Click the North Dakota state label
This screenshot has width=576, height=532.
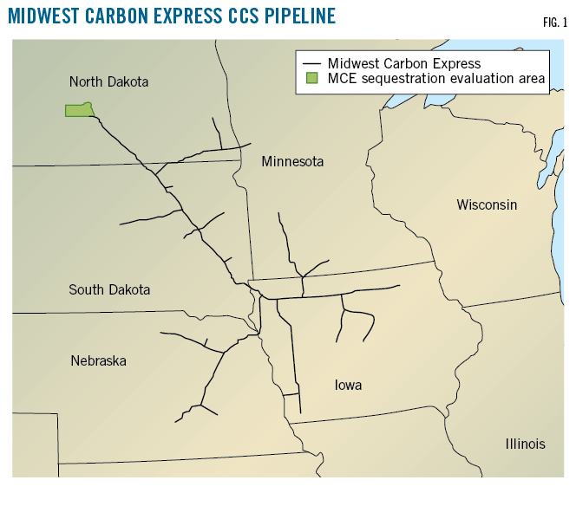click(108, 81)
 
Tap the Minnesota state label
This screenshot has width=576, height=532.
click(292, 161)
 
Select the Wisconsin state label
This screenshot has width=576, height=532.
click(487, 204)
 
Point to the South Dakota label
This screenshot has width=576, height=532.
click(109, 289)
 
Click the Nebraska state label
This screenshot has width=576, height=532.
click(98, 360)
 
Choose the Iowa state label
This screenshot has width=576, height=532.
click(348, 385)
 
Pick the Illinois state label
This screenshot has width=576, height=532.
click(525, 444)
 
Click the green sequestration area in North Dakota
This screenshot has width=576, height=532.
click(79, 110)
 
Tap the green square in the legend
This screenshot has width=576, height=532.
click(311, 79)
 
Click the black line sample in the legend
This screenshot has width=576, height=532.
click(311, 64)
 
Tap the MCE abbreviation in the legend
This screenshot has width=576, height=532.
click(339, 79)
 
